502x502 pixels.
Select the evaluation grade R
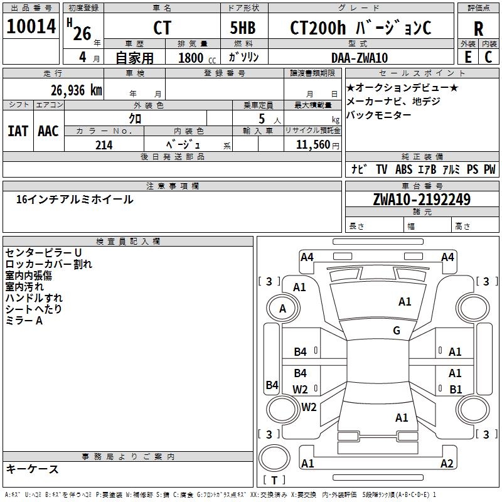tap(478, 29)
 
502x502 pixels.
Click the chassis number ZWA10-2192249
tap(422, 200)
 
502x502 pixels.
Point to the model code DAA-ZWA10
tap(360, 58)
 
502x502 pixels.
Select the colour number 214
tap(104, 145)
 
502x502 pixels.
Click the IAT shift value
tap(18, 131)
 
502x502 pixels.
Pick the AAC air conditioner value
tap(48, 131)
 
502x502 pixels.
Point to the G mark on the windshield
tap(397, 331)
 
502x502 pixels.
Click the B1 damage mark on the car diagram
tap(456, 389)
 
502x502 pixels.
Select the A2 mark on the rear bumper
tap(447, 464)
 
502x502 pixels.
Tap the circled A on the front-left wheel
tap(282, 309)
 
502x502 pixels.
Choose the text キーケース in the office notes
tap(33, 469)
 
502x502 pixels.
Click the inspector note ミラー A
tap(24, 321)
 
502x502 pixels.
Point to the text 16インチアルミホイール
tap(75, 200)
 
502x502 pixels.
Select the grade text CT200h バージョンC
tap(360, 28)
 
